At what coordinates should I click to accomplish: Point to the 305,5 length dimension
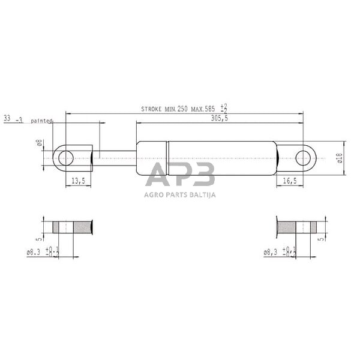coord(220,118)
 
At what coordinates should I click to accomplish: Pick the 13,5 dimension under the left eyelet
coord(78,180)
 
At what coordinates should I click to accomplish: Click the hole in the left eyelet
coord(66,158)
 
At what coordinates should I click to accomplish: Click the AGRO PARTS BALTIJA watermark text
coord(179,194)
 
